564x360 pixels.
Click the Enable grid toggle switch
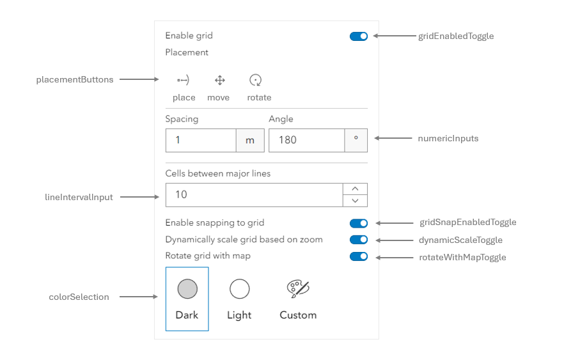[x=359, y=36]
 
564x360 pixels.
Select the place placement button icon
[x=184, y=81]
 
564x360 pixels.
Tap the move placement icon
[x=219, y=81]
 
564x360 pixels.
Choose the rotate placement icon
[x=256, y=81]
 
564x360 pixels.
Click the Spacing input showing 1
[x=201, y=140]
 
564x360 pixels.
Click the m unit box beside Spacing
[x=250, y=140]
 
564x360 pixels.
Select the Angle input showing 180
[x=306, y=140]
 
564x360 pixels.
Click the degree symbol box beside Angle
[x=356, y=140]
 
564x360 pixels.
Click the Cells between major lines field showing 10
[x=254, y=194]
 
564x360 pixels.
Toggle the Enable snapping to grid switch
[x=359, y=223]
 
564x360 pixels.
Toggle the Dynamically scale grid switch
[x=359, y=240]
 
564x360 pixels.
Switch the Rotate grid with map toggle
[x=359, y=256]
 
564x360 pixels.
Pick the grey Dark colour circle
[x=187, y=289]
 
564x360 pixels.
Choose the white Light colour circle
[x=239, y=289]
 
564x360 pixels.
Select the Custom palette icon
[x=298, y=289]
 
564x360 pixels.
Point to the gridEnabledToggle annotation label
[x=455, y=36]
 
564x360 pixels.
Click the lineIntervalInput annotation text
[x=75, y=198]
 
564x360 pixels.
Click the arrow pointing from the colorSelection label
[x=138, y=297]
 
